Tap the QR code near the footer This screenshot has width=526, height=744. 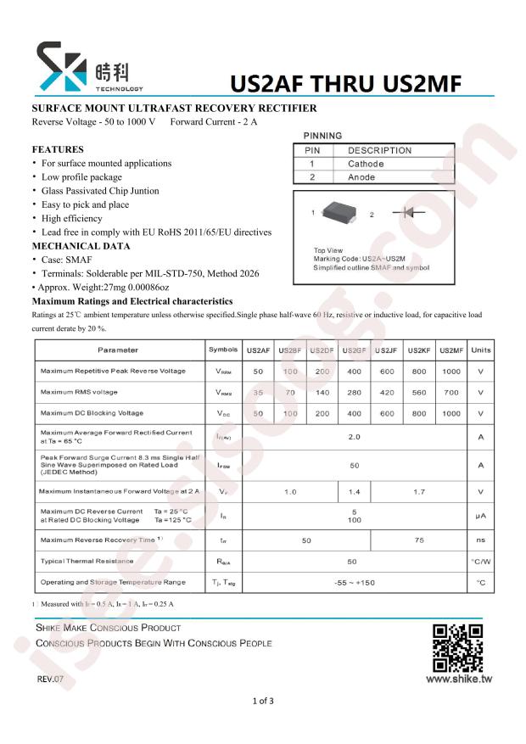[457, 647]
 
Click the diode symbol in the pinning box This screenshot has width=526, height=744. [414, 213]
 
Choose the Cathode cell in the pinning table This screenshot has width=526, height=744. [366, 164]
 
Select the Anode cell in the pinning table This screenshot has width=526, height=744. [361, 177]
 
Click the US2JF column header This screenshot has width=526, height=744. [387, 350]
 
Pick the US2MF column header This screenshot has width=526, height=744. [451, 350]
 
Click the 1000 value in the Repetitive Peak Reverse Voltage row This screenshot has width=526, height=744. [451, 371]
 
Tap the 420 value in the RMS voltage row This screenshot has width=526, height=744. [387, 392]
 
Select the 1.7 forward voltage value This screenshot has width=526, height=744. [419, 492]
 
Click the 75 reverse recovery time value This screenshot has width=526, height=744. [419, 540]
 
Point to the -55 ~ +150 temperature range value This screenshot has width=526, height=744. [354, 582]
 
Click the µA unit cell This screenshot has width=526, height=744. [480, 516]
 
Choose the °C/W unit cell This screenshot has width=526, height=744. [480, 562]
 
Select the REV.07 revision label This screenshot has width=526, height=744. [50, 680]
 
